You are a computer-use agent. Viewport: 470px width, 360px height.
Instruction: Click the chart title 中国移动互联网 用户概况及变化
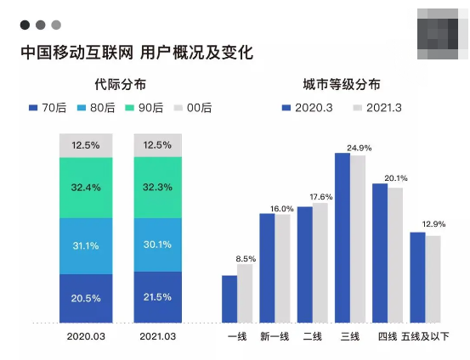coord(137,53)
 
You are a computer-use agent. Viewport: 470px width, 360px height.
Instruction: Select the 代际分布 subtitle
coord(120,85)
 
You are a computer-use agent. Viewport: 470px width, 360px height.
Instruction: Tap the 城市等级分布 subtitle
coord(341,85)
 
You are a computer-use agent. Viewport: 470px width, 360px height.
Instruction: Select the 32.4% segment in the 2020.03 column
coord(85,187)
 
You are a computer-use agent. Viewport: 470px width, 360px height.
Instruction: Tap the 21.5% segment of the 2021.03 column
coord(158,297)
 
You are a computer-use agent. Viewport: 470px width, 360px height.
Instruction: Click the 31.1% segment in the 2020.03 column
coord(85,245)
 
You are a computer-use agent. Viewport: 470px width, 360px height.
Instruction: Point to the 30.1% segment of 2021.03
coord(158,245)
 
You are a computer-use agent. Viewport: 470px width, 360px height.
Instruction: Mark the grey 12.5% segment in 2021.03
coord(158,145)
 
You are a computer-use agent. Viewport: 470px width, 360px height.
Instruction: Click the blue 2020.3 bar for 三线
coord(343,238)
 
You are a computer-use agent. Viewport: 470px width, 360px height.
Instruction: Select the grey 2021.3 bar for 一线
coord(245,293)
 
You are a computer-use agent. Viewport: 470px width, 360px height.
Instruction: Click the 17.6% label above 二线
coord(320,196)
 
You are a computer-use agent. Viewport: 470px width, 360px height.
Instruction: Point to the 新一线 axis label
coord(275,337)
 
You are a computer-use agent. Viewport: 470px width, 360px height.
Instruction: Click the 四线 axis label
coord(388,337)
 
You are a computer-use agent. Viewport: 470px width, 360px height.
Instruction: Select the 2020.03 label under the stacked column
coord(85,337)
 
